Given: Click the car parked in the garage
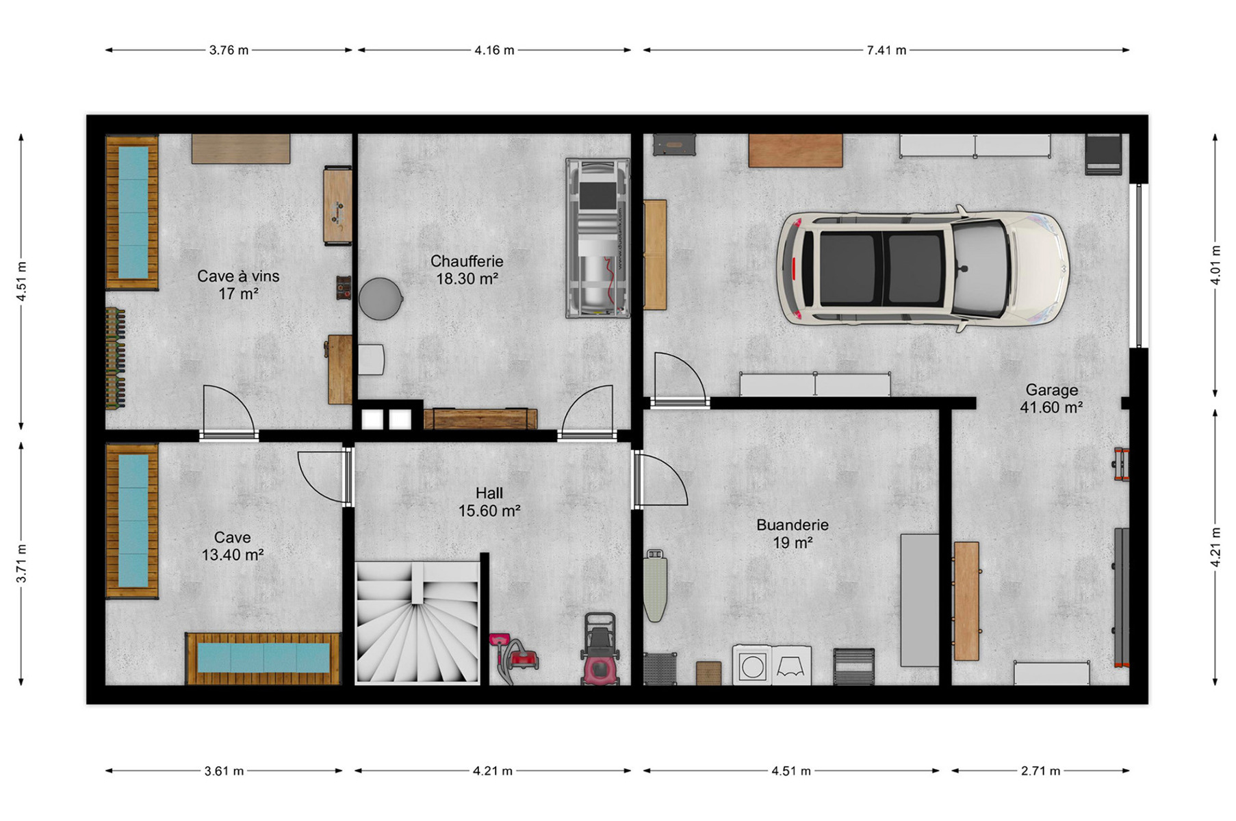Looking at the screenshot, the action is pyautogui.click(x=923, y=268).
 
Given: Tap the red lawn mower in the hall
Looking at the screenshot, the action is pyautogui.click(x=600, y=649).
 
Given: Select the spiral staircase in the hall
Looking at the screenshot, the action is pyautogui.click(x=417, y=622).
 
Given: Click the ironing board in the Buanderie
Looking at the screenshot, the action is pyautogui.click(x=655, y=585).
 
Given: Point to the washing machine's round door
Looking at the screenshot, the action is pyautogui.click(x=753, y=666).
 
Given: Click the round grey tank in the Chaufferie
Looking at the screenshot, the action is pyautogui.click(x=381, y=298).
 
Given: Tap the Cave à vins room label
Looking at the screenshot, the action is pyautogui.click(x=238, y=276).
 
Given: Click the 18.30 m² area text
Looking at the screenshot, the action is pyautogui.click(x=467, y=279).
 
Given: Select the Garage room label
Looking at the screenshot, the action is pyautogui.click(x=1052, y=390).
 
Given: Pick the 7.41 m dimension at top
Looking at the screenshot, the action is pyautogui.click(x=886, y=50).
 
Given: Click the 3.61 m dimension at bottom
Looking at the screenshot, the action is pyautogui.click(x=224, y=771).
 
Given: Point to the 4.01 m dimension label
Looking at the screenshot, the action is pyautogui.click(x=1215, y=265).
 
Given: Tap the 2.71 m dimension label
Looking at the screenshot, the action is pyautogui.click(x=1040, y=771).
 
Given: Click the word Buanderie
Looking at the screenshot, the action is pyautogui.click(x=793, y=525).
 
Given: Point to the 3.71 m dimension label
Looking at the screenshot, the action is pyautogui.click(x=22, y=564).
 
